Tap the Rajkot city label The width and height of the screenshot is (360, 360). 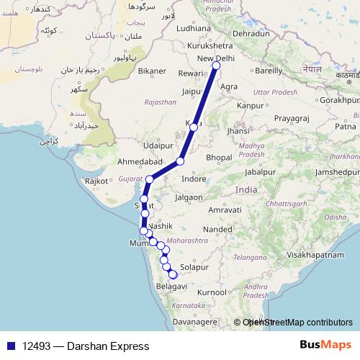96,182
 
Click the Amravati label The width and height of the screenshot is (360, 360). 223,210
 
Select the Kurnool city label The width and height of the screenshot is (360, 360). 212,292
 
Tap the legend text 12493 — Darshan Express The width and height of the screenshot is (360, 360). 86,346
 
